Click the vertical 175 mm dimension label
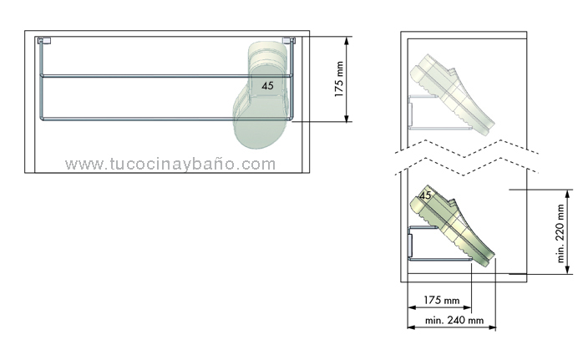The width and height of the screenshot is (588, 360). (339, 79)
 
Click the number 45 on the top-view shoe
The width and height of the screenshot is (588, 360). (267, 86)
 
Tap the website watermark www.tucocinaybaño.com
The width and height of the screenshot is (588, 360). (170, 164)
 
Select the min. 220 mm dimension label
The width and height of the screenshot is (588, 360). (560, 233)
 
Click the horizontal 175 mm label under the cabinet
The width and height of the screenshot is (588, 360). (441, 300)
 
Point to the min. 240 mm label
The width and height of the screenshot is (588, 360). (454, 320)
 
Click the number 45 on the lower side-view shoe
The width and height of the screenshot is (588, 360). (425, 195)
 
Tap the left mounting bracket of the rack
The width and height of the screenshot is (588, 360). (44, 40)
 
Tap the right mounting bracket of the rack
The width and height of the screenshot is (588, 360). (289, 40)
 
